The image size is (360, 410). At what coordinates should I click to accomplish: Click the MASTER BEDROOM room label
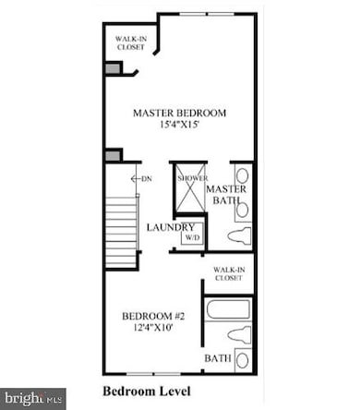coord(179,114)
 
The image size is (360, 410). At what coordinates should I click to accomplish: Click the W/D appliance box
coord(192,238)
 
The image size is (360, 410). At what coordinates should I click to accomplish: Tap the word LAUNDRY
coord(171,227)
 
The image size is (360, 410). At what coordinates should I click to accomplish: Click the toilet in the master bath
coord(239,235)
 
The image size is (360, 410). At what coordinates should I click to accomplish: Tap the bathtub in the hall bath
coord(228,308)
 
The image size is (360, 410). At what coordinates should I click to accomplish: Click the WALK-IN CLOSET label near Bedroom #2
coord(228,273)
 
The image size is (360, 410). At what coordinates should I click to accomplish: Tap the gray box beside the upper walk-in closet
coord(112,68)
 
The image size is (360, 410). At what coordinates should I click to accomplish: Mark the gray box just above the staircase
coord(113,155)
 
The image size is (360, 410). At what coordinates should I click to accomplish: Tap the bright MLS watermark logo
coord(32,399)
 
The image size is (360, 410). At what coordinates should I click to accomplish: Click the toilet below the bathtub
coord(239,333)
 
